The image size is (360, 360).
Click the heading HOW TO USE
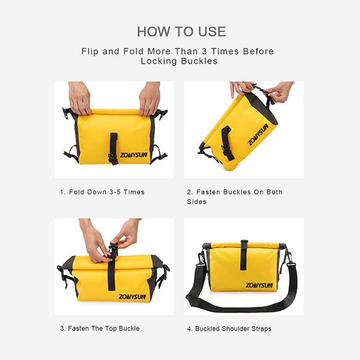tap(181, 31)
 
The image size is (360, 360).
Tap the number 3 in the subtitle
tap(205, 51)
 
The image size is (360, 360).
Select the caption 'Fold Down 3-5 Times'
tap(107, 192)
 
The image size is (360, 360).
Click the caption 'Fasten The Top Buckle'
tap(104, 328)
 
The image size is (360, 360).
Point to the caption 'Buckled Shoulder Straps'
tap(233, 329)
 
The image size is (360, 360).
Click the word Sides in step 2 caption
tap(197, 202)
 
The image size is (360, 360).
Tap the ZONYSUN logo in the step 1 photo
tap(134, 155)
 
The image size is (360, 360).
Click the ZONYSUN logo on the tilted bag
tap(258, 134)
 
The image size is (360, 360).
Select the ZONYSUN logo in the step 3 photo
tap(132, 296)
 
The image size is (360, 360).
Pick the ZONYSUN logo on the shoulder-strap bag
tap(259, 286)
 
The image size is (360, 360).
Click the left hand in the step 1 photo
tap(79, 98)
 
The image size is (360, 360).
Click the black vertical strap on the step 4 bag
tap(244, 255)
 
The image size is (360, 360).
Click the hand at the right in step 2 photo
tap(279, 92)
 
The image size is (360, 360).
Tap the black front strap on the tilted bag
tap(227, 142)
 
